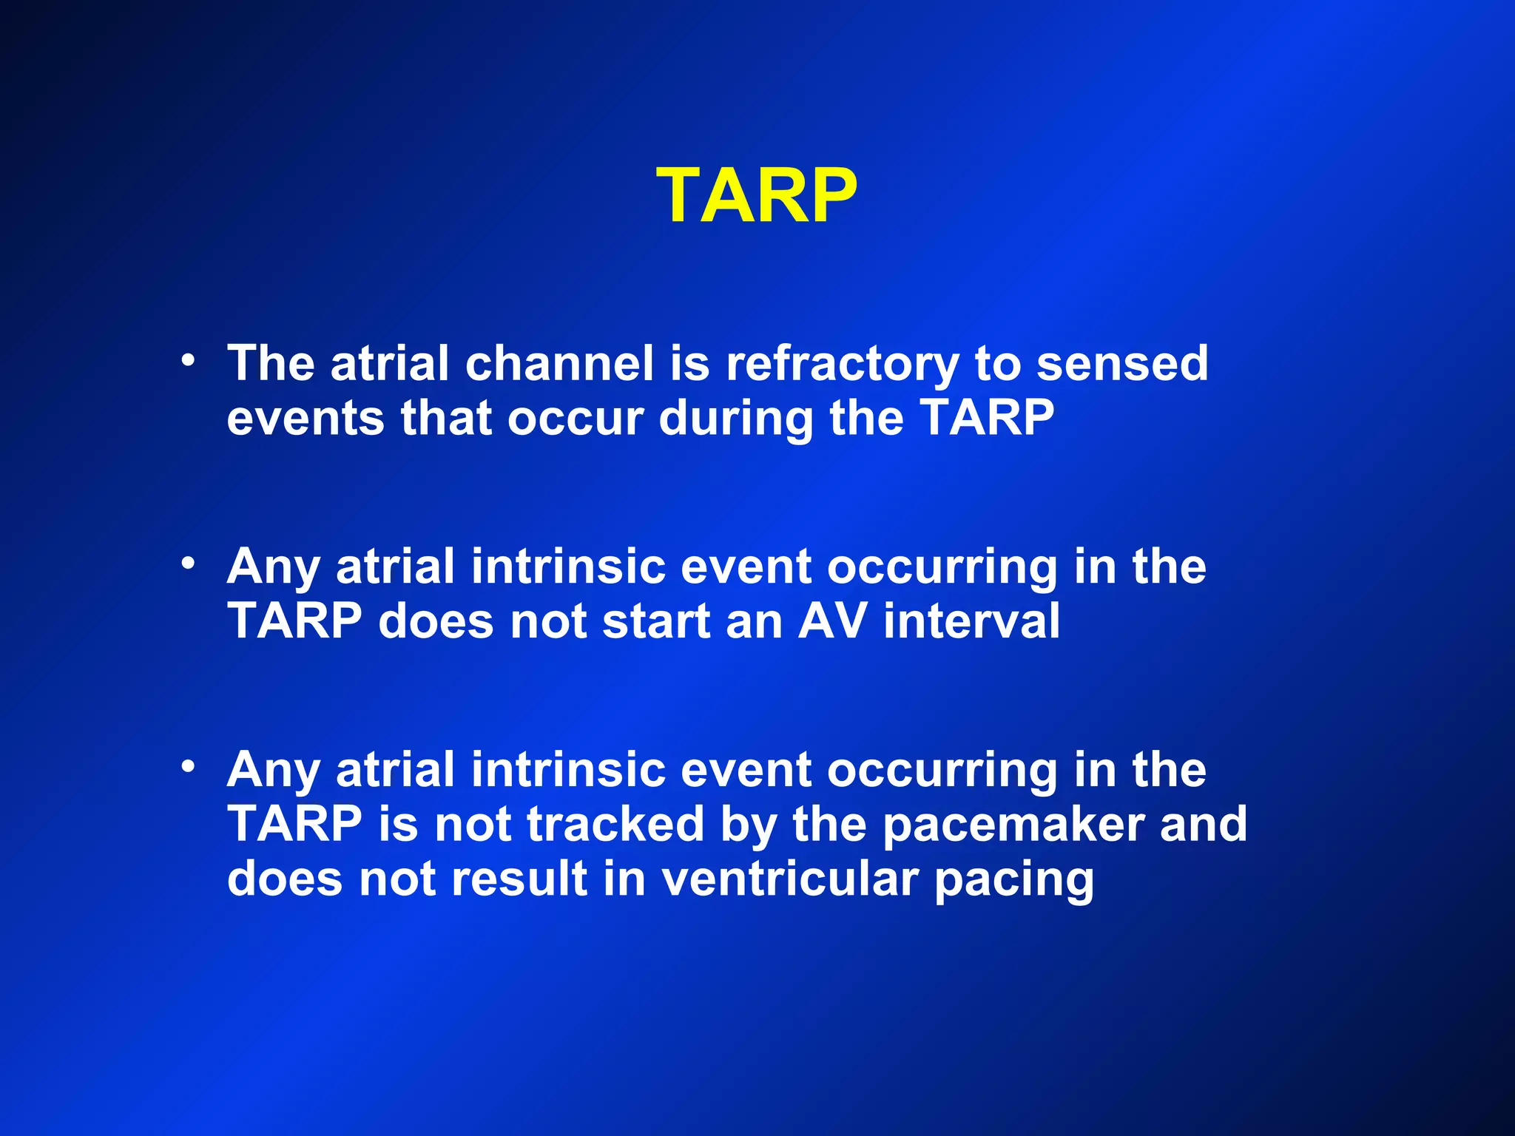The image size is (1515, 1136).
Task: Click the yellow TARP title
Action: pyautogui.click(x=756, y=195)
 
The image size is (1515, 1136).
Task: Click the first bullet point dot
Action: pyautogui.click(x=189, y=360)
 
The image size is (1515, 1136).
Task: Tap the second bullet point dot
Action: pyautogui.click(x=189, y=564)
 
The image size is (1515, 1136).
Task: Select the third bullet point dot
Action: pyautogui.click(x=189, y=766)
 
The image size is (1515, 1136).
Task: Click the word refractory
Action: pyautogui.click(x=842, y=364)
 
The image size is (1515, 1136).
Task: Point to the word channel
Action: pyautogui.click(x=559, y=364)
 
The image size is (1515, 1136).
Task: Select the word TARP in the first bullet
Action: pyautogui.click(x=988, y=419)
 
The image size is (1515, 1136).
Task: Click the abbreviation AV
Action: pyautogui.click(x=832, y=621)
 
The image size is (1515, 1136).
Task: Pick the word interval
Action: pyautogui.click(x=972, y=621)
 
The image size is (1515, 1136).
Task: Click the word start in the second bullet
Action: pyautogui.click(x=655, y=621)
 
